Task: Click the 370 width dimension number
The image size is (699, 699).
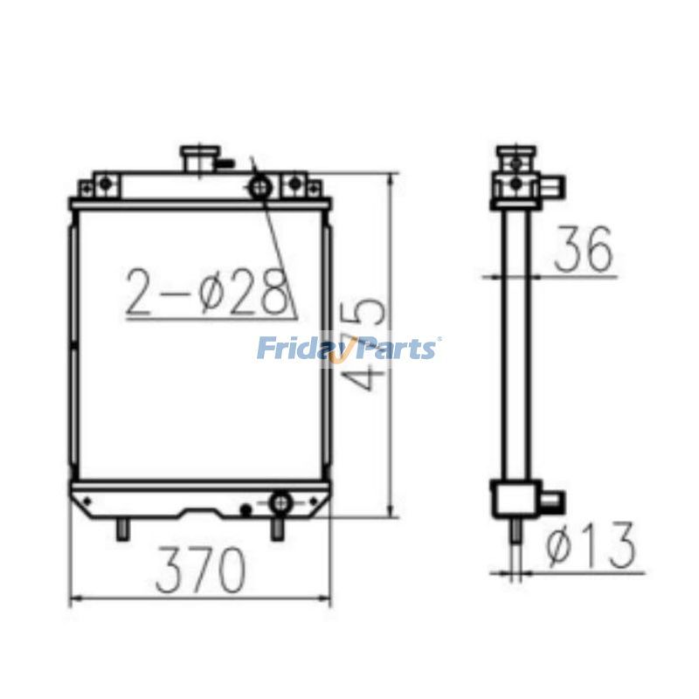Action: pos(200,571)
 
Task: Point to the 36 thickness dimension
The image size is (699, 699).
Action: pos(583,248)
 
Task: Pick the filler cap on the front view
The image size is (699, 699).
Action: pos(197,160)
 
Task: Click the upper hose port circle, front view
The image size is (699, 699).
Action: pos(260,186)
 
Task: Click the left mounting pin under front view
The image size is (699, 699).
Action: pos(123,529)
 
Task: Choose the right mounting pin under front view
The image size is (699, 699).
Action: pos(277,529)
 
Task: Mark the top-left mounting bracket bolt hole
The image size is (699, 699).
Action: pos(104,183)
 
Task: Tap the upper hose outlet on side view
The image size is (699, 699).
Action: pos(556,185)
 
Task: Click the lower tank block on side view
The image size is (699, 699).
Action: pos(514,501)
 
